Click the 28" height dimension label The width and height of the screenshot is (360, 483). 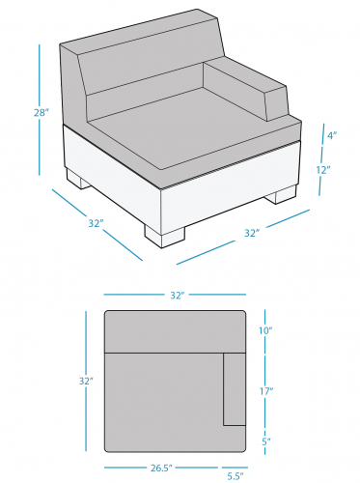(x=42, y=113)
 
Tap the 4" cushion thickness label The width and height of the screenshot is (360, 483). (x=332, y=135)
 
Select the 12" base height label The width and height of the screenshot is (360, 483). (x=323, y=170)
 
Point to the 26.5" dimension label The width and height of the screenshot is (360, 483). (x=161, y=468)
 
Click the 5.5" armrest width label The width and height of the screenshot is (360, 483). (x=235, y=475)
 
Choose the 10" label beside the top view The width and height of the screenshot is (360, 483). (x=266, y=330)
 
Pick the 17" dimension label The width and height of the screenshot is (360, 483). (x=266, y=391)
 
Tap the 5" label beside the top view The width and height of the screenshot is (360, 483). (x=266, y=441)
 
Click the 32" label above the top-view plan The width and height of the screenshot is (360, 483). (x=178, y=296)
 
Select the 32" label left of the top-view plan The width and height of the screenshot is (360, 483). (x=86, y=381)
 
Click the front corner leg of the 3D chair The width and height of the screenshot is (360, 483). (x=165, y=236)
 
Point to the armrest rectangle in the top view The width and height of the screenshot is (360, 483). (x=235, y=389)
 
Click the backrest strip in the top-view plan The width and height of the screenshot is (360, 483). (x=175, y=331)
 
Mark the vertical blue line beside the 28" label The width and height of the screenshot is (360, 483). (x=40, y=110)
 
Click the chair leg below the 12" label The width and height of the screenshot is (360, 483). (x=281, y=194)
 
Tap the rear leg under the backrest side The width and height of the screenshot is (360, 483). (x=78, y=179)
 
